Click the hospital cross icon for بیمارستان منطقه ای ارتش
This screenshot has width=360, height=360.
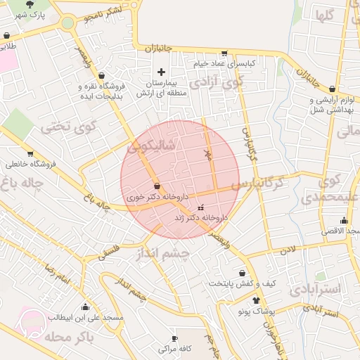(161, 72)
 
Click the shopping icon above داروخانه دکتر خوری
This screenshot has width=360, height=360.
(156, 186)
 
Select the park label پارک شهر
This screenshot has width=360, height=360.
(29, 15)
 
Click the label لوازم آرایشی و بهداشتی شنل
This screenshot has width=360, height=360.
(330, 104)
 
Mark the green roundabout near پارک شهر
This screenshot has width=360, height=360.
(67, 22)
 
